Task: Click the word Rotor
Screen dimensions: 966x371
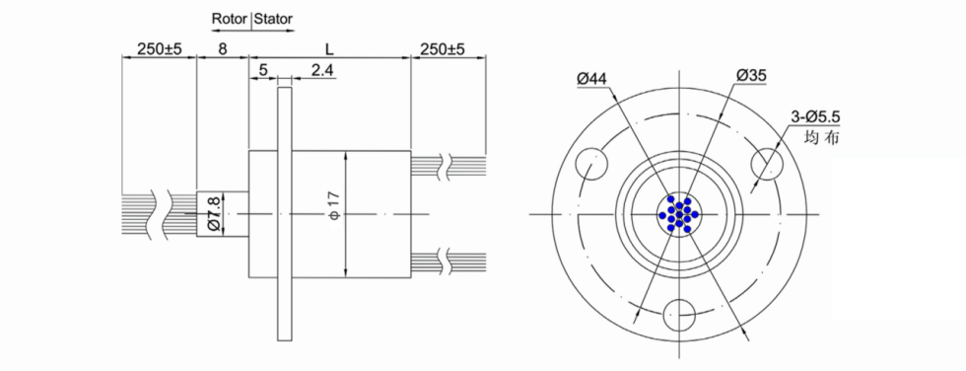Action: pyautogui.click(x=231, y=19)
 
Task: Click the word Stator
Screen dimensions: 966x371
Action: pyautogui.click(x=274, y=19)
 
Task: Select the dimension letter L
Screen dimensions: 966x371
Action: pyautogui.click(x=329, y=48)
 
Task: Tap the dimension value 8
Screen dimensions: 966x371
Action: pyautogui.click(x=223, y=48)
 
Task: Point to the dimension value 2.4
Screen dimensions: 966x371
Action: pyautogui.click(x=322, y=70)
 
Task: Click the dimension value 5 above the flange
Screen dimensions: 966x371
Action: pyautogui.click(x=263, y=70)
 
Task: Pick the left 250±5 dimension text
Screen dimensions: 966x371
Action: pyautogui.click(x=159, y=48)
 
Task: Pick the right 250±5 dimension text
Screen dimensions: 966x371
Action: pyautogui.click(x=442, y=48)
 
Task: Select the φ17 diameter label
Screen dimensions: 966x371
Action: pyautogui.click(x=334, y=205)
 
